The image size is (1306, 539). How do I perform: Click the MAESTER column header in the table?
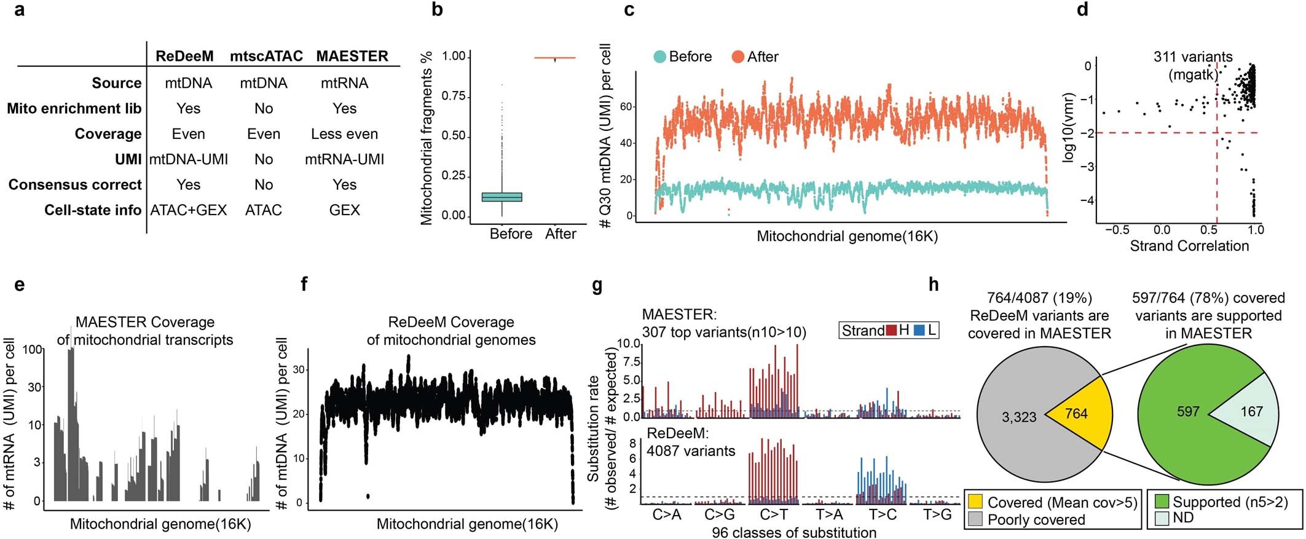pos(352,57)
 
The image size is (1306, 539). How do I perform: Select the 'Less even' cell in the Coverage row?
pos(344,134)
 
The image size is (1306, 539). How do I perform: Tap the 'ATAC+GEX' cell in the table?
pos(189,210)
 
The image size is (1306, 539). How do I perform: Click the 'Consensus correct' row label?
pos(75,185)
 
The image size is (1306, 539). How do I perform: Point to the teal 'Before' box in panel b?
pos(502,197)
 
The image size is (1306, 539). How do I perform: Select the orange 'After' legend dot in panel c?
pos(738,57)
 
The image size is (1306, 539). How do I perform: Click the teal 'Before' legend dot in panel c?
pos(659,57)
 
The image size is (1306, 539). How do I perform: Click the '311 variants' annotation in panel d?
pos(1192,57)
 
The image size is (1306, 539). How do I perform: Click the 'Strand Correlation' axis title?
pos(1189,246)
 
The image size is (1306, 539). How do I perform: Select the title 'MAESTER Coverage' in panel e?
pos(145,322)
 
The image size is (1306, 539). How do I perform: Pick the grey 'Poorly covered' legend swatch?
pos(976,519)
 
